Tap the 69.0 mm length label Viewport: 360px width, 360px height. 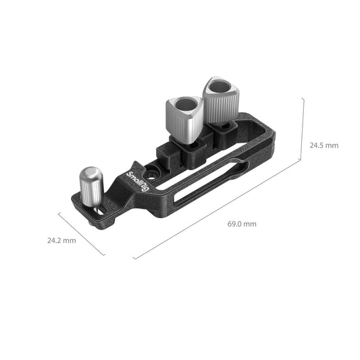pos(241,224)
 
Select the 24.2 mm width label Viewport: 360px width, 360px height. pos(61,240)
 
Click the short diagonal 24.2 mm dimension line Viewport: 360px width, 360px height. pos(81,234)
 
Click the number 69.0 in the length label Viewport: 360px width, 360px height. pos(235,224)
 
